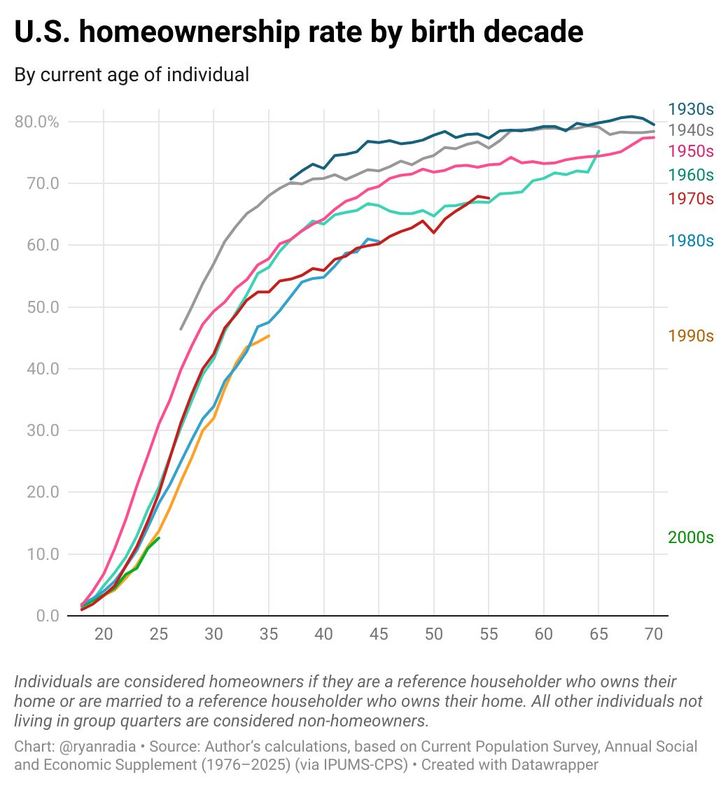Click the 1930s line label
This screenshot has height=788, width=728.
[x=690, y=109]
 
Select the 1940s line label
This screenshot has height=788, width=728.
[x=690, y=130]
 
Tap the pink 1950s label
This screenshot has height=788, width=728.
[x=690, y=151]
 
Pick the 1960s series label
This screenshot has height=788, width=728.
[x=690, y=175]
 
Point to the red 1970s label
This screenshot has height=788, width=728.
[x=690, y=199]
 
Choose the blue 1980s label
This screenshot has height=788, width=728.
[x=690, y=241]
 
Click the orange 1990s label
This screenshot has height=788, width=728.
[x=690, y=336]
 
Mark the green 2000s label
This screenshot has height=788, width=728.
[x=690, y=537]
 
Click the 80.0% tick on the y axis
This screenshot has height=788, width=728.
[x=36, y=122]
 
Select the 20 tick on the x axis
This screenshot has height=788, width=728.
[x=104, y=634]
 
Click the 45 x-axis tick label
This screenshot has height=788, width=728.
[x=379, y=634]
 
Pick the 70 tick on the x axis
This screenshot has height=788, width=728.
[x=654, y=634]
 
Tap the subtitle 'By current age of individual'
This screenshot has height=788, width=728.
[x=132, y=74]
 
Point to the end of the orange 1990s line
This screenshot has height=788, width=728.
[x=269, y=336]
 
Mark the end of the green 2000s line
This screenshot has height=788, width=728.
[x=159, y=537]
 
